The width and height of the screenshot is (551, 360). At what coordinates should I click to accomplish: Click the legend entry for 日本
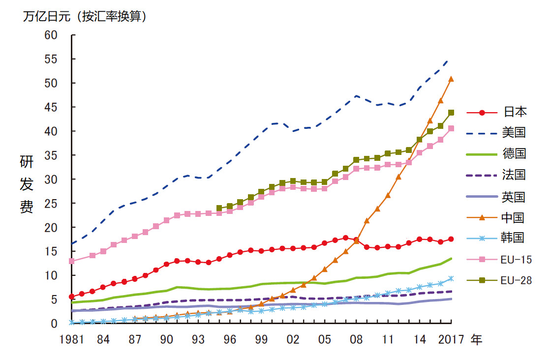515,112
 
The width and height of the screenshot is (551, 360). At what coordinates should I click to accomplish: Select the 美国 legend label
515,132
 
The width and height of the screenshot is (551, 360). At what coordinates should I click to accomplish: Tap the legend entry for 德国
515,153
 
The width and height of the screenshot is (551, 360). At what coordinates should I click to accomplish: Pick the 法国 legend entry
515,175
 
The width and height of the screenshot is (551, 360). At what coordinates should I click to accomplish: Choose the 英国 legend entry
515,197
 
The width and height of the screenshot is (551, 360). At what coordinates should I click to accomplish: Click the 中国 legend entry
515,217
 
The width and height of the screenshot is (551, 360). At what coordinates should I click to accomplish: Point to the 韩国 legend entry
515,238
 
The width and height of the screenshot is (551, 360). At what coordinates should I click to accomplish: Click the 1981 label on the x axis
72,340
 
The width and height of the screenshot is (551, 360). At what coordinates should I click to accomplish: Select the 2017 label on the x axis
451,340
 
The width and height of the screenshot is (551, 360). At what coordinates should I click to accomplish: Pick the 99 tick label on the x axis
261,340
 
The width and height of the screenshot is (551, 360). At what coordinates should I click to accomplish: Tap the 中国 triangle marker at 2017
451,79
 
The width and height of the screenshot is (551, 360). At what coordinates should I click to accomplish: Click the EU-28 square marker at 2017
451,113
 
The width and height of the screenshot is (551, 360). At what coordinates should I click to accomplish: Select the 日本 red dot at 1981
72,297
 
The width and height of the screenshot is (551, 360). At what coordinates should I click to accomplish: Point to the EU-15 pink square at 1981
72,261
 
